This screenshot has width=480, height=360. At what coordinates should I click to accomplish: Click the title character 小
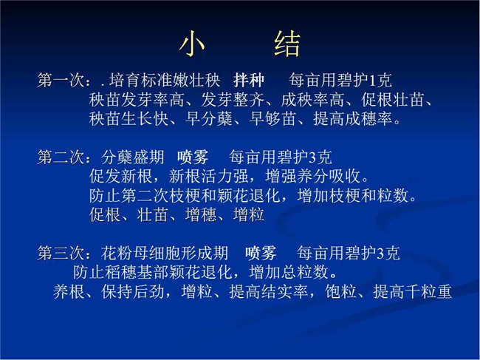coord(192,44)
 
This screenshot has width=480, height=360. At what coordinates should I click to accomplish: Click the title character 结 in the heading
coord(287,44)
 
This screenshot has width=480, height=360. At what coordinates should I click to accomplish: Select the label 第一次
coord(61,81)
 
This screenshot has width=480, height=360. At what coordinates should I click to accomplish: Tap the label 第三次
coord(61,253)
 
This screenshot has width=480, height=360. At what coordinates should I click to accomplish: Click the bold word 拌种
coord(249,81)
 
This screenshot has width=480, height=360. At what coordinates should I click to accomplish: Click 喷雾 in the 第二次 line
coord(193,157)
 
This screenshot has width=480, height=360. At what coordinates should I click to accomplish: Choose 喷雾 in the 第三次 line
coord(261,253)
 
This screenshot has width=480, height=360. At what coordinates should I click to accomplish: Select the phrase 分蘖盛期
coord(132,157)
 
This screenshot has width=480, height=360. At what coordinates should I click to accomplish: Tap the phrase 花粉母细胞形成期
coord(165,253)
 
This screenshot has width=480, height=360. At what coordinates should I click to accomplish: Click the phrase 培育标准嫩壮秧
coord(165,81)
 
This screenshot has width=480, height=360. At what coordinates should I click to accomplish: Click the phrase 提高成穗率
coord(353,118)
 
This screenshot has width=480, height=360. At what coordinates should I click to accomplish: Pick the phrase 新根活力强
coord(208,176)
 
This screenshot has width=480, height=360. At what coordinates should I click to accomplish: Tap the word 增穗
coord(201,214)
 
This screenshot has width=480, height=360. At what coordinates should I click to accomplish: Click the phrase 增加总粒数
coord(289,272)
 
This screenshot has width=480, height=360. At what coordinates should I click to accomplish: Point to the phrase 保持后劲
coord(132,291)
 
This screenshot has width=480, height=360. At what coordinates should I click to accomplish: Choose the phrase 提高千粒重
coord(412,291)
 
